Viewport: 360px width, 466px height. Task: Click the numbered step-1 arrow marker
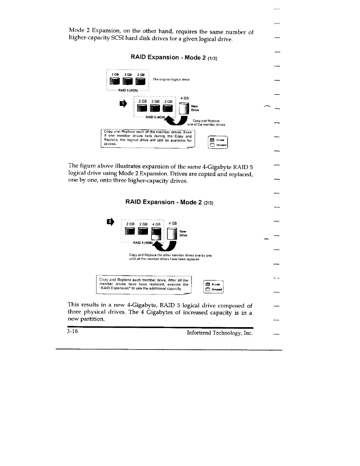click(123, 103)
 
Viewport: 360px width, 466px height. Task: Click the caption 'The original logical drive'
click(171, 80)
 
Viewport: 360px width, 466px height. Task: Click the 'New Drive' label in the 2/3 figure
click(183, 233)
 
